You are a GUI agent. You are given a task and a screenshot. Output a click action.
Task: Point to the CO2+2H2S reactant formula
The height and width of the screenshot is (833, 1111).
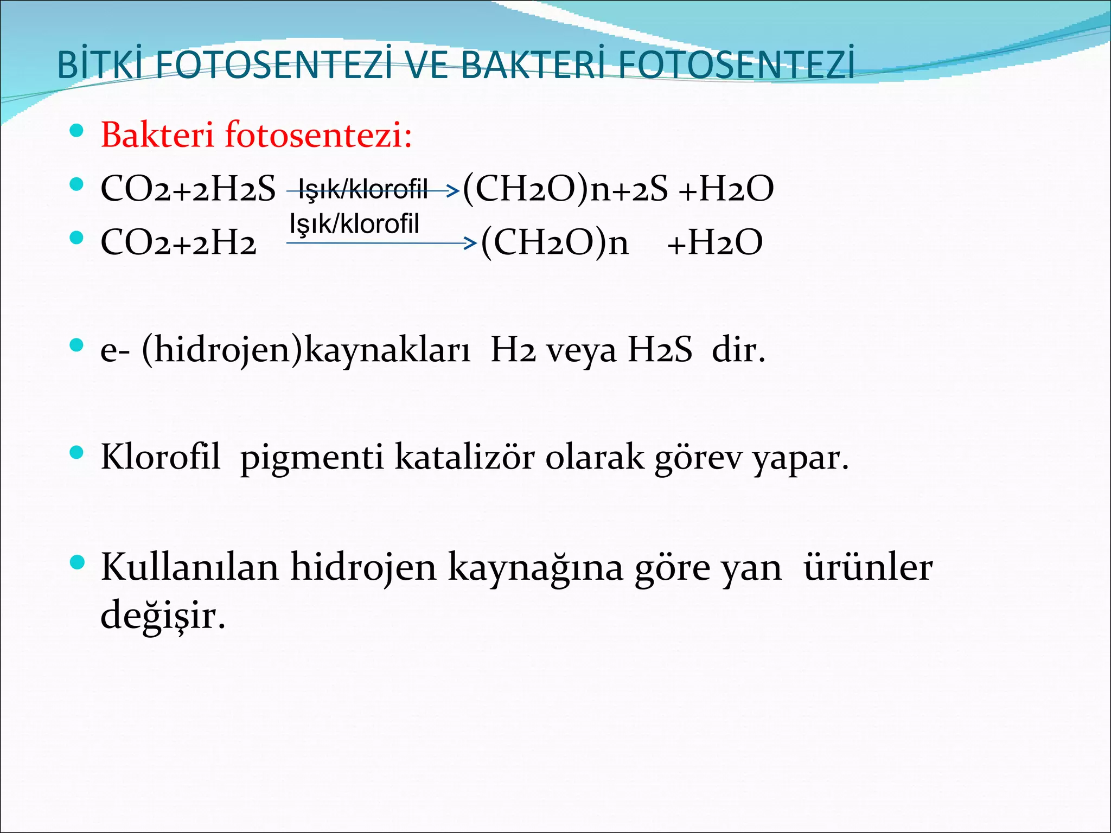pyautogui.click(x=188, y=189)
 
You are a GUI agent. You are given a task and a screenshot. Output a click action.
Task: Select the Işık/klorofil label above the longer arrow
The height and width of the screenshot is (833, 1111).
pyautogui.click(x=355, y=223)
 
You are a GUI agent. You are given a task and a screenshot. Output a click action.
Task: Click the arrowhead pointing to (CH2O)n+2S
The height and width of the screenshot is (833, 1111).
pyautogui.click(x=453, y=190)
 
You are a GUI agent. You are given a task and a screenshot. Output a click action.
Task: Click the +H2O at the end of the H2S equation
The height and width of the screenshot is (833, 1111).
pyautogui.click(x=726, y=189)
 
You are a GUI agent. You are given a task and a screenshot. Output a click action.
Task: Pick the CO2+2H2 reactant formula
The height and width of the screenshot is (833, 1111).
pyautogui.click(x=178, y=242)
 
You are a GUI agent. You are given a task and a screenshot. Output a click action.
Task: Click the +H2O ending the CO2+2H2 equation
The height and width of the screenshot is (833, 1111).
pyautogui.click(x=715, y=242)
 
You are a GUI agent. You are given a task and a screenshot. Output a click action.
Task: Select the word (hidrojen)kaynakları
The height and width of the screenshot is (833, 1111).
pyautogui.click(x=307, y=350)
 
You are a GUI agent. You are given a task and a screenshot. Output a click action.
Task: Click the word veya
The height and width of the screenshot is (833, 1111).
pyautogui.click(x=581, y=350)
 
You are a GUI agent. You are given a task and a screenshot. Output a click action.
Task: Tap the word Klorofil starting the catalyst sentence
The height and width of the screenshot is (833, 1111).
pyautogui.click(x=161, y=457)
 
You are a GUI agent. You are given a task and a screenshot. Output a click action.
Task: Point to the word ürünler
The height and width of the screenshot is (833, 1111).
pyautogui.click(x=868, y=567)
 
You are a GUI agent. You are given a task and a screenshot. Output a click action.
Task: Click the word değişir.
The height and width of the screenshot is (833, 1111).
pyautogui.click(x=163, y=616)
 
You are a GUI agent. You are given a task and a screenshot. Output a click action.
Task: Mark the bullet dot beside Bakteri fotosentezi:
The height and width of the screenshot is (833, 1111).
pyautogui.click(x=77, y=131)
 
